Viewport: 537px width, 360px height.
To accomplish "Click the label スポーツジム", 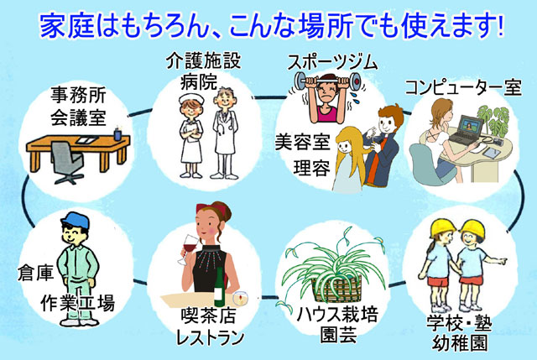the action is coord(332,63).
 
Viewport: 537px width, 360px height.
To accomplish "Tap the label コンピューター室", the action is coord(463,87).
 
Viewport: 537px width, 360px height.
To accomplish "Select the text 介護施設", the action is coord(203,61).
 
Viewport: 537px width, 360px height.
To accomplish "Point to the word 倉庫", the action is coord(35,273).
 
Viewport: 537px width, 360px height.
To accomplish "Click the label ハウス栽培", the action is coord(337,315).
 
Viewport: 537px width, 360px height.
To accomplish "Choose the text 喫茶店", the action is coord(208,316).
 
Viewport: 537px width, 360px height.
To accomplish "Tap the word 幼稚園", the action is coord(460,342).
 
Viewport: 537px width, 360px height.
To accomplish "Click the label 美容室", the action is coord(303,142).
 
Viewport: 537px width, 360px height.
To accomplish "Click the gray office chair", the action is coord(67,162).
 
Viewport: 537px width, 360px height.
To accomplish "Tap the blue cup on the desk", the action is coord(117,133).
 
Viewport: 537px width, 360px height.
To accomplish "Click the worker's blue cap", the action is coord(75,220).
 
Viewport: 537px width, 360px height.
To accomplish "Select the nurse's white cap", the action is coord(191,99).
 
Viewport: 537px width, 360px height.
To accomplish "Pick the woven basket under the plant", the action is coord(337,290).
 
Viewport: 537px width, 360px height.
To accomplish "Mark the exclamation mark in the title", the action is coord(501,26).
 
